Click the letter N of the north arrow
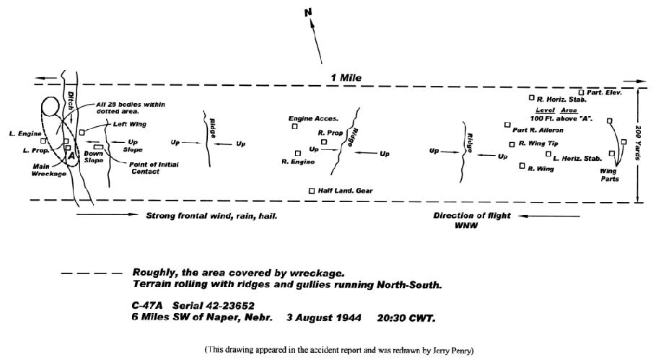point(308,13)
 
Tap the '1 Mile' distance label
point(346,78)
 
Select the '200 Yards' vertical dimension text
point(638,143)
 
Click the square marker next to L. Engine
point(43,141)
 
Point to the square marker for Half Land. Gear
point(312,191)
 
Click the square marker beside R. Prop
point(324,142)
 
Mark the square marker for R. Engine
point(298,154)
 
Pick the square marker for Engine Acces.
point(294,126)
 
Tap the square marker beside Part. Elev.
point(582,92)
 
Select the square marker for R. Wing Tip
point(512,144)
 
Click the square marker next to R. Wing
point(522,166)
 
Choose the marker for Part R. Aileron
point(507,125)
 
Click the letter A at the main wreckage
point(71,156)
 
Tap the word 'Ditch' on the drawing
point(71,101)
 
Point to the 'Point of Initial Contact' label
point(154,168)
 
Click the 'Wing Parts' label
point(609,175)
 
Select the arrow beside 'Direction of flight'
point(549,216)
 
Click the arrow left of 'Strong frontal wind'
point(107,214)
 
